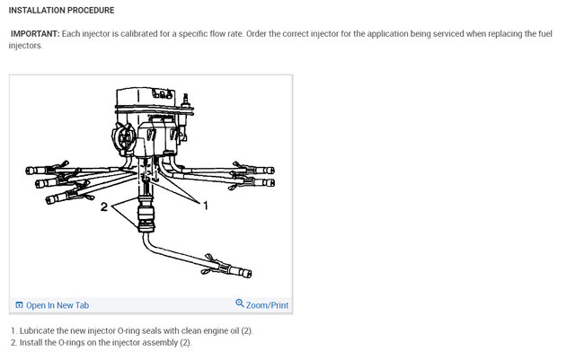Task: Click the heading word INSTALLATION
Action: tap(36, 11)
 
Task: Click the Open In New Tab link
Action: tap(58, 305)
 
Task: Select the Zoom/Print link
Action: tap(267, 305)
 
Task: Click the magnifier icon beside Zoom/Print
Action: tap(240, 304)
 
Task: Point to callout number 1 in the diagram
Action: tap(205, 206)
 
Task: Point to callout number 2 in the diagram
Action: tap(103, 206)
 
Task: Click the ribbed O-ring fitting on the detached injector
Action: tap(143, 216)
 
